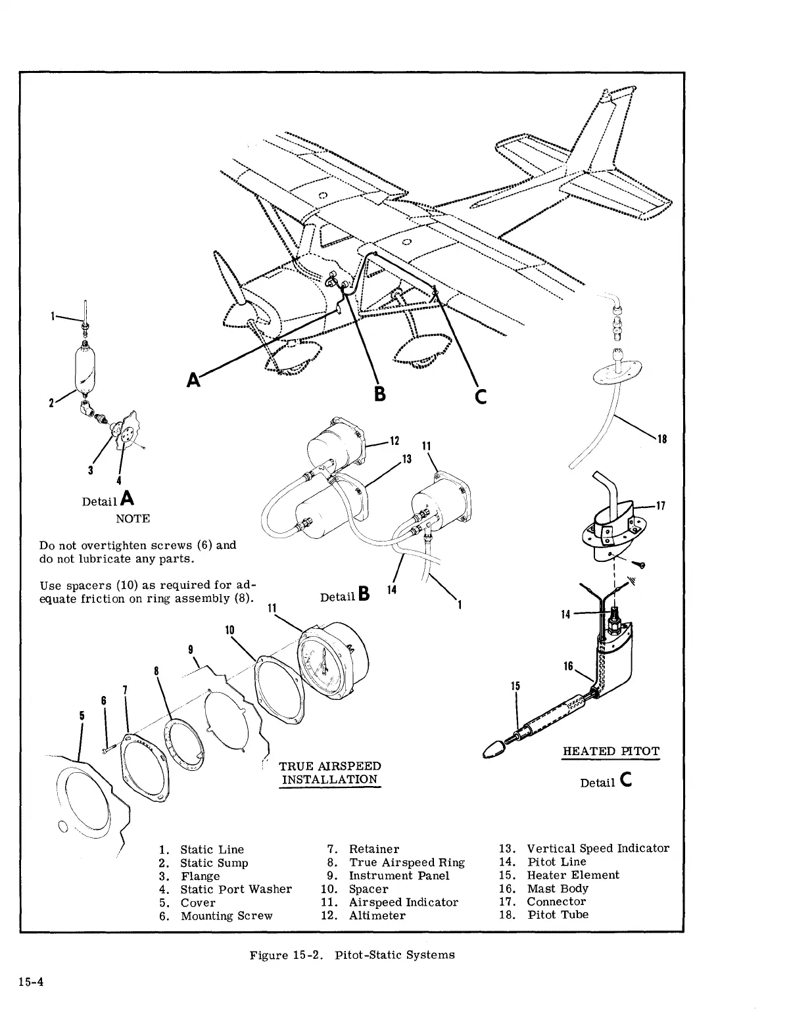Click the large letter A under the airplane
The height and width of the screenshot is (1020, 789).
[x=194, y=379]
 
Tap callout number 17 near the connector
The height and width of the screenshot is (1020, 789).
[x=661, y=506]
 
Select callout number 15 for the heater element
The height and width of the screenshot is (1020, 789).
[x=516, y=686]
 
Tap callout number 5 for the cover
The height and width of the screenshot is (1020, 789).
[x=82, y=715]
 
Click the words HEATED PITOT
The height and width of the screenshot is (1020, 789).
[x=611, y=751]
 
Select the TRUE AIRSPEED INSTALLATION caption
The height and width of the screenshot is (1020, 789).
[x=330, y=773]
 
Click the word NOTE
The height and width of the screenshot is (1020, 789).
[x=133, y=519]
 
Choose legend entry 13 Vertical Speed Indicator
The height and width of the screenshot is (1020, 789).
[x=597, y=848]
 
